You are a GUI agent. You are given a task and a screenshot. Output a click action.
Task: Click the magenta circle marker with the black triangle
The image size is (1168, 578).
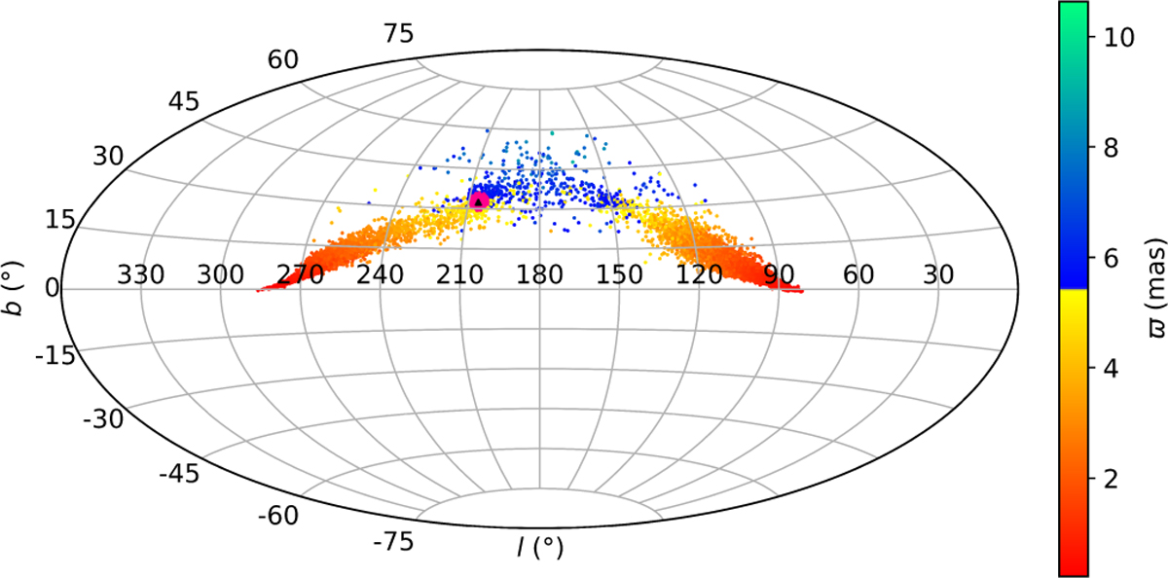(x=479, y=200)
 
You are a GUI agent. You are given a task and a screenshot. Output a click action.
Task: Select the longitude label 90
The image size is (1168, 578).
(x=779, y=275)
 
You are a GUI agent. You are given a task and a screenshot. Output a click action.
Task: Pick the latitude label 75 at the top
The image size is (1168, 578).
(x=399, y=34)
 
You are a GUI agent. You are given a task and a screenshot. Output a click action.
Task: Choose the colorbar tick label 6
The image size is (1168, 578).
(x=1110, y=258)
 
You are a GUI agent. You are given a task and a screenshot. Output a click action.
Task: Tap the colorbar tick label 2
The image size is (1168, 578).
(x=1110, y=479)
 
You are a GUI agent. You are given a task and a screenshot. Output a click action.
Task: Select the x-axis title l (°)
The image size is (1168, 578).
(x=539, y=550)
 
